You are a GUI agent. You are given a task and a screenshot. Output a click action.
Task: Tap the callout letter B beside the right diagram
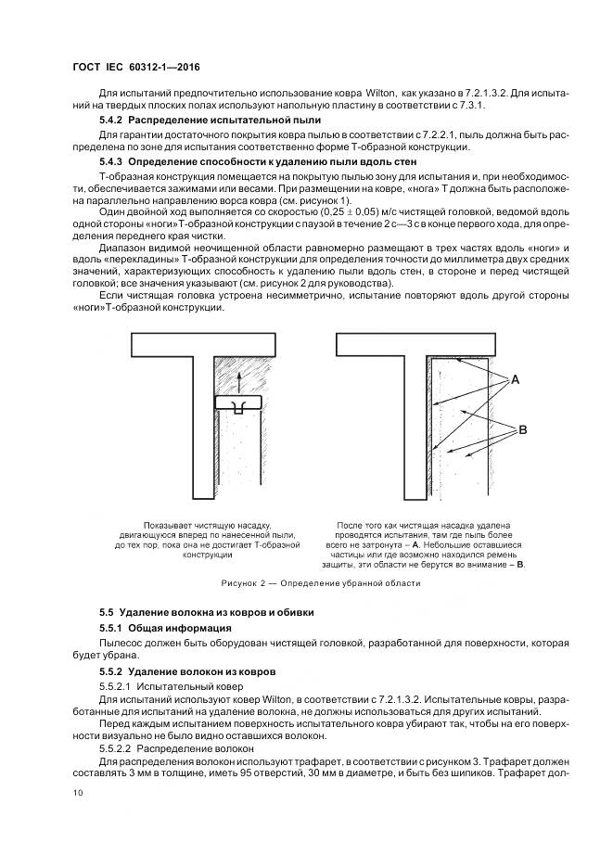[x=521, y=429]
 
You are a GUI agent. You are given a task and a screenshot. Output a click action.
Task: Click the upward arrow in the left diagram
[x=236, y=379]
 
